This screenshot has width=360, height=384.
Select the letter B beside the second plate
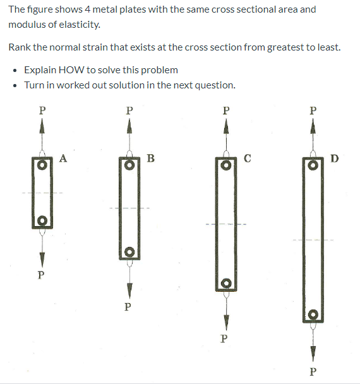pos(150,158)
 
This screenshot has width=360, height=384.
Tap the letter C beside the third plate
pos(248,158)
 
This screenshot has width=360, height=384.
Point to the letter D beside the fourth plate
pos(334,158)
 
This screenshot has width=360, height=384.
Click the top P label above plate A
pos(42,109)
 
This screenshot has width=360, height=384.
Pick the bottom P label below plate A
pos(41,275)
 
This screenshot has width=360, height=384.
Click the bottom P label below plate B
pos(128,307)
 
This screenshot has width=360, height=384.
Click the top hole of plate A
pos(42,164)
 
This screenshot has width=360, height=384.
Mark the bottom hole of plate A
pos(42,220)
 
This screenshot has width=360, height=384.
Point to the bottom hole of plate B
pos(129,251)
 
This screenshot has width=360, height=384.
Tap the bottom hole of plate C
pos(226,283)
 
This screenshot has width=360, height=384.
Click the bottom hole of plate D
pos(313,315)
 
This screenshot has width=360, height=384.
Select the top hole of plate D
pos(313,164)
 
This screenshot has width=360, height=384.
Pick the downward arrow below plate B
pos(129,287)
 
